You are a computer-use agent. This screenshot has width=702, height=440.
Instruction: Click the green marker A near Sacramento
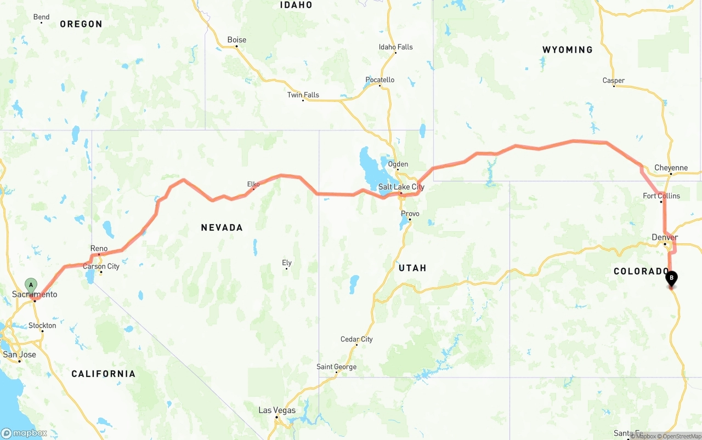(x=31, y=285)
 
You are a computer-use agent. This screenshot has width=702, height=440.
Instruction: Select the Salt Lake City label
(x=401, y=187)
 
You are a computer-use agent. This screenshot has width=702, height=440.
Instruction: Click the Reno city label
(x=99, y=249)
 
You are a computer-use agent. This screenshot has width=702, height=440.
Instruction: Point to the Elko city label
(x=253, y=184)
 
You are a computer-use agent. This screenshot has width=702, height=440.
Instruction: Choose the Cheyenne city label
(x=671, y=168)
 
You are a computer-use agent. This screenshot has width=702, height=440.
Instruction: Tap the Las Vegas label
(x=277, y=410)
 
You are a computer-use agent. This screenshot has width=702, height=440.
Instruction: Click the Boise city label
(x=237, y=40)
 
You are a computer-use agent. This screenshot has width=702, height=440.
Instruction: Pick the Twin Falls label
(x=303, y=95)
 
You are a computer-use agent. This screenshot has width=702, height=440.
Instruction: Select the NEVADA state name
(x=222, y=227)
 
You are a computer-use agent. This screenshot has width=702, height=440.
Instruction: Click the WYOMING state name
(x=568, y=50)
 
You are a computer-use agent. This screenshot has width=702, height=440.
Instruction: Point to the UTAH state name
(x=412, y=268)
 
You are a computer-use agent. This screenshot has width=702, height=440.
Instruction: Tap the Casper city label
(x=614, y=81)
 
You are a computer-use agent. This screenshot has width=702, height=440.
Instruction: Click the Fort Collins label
(x=661, y=196)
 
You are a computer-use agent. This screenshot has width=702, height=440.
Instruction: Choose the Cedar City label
(x=356, y=339)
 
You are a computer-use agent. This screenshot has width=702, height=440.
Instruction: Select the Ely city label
(x=287, y=263)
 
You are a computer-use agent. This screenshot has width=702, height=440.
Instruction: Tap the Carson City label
(x=101, y=266)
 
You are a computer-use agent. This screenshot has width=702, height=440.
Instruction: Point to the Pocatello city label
(x=380, y=80)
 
